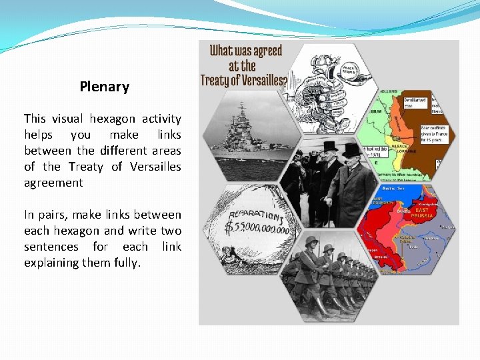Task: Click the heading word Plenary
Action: tap(104, 87)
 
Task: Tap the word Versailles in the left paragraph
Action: tap(155, 167)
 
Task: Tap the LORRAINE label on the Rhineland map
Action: tap(406, 151)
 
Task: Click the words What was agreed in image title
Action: tap(246, 51)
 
